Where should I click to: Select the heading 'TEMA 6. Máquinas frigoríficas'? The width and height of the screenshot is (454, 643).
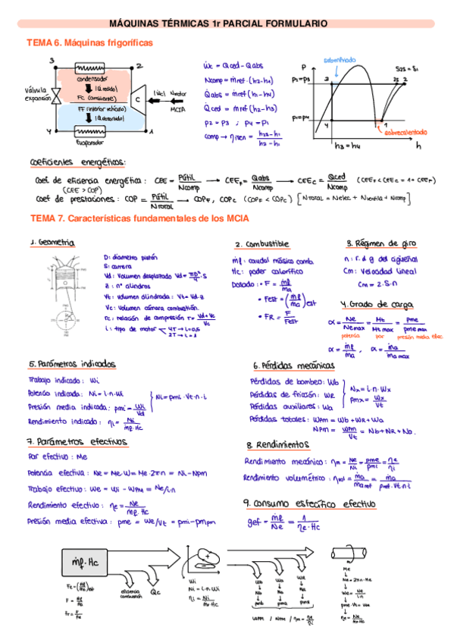(89, 43)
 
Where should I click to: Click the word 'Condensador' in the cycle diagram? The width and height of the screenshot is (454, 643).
(92, 79)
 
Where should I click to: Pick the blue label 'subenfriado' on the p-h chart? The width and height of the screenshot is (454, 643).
(336, 59)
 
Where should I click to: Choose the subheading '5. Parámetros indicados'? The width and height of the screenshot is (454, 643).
(72, 363)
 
